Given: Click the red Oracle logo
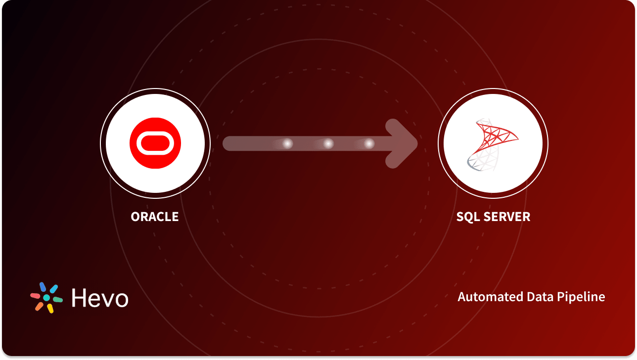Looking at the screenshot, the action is click(x=155, y=143).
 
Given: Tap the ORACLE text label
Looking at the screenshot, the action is click(x=155, y=217).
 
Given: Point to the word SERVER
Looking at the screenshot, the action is click(x=507, y=217).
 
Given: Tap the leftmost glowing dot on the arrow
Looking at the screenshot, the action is click(x=287, y=143).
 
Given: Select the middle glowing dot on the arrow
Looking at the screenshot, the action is click(x=328, y=143).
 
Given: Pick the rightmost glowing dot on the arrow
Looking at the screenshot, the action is click(x=369, y=143).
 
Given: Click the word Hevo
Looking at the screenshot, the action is click(x=100, y=298).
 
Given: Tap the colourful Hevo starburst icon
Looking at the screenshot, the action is click(x=46, y=298).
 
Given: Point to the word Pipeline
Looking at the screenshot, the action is click(x=581, y=297).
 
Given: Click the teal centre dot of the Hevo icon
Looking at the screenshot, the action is click(x=46, y=298).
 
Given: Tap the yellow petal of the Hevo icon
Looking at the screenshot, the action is click(x=50, y=308).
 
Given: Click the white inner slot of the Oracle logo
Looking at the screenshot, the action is click(x=155, y=143).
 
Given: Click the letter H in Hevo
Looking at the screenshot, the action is click(x=79, y=298).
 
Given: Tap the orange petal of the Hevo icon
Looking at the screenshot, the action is click(x=39, y=307).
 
